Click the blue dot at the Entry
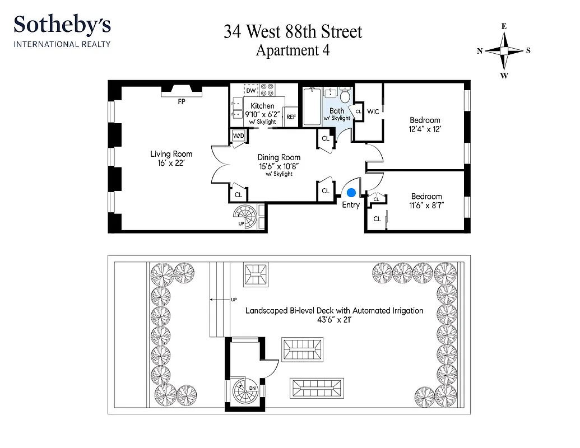point(351,193)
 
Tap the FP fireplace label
point(181,102)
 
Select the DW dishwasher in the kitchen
point(250,90)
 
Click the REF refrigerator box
point(291,117)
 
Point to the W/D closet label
point(238,136)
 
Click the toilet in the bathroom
point(345,95)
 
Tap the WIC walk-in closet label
point(373,111)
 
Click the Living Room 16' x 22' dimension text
point(171,163)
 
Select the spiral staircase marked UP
point(244,216)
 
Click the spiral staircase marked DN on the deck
point(244,391)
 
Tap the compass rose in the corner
point(504,50)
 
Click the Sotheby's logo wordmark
point(62,25)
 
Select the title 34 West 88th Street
point(293,31)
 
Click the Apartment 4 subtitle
point(293,50)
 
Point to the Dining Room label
point(279,157)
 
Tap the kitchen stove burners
point(268,90)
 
